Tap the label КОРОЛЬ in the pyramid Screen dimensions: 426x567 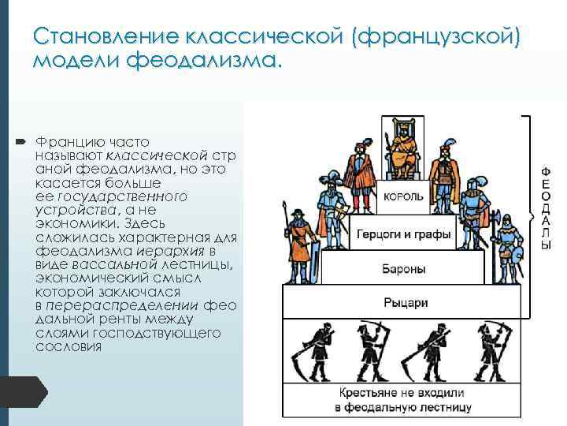403,196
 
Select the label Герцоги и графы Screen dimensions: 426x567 403,234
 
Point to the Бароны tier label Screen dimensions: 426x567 405,269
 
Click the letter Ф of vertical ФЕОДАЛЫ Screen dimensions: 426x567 546,171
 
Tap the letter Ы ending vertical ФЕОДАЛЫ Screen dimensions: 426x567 546,247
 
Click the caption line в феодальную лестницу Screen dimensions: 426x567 403,407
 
